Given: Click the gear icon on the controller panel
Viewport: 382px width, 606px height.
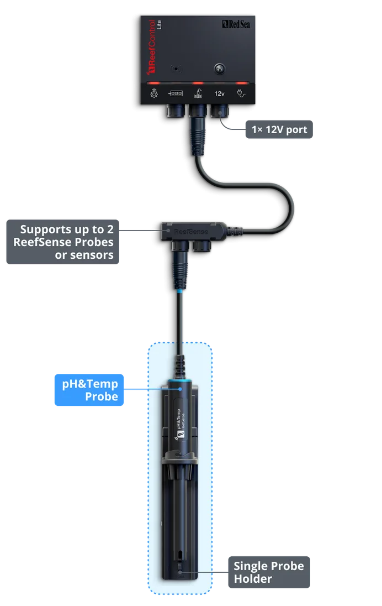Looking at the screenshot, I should tap(154, 93).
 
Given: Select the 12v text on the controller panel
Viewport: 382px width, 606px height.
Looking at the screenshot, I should tap(219, 93).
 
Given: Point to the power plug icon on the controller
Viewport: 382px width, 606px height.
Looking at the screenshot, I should tap(241, 93).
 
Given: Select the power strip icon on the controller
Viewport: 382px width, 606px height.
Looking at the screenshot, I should tap(176, 93).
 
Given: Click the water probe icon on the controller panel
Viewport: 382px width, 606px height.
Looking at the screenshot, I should tap(197, 93).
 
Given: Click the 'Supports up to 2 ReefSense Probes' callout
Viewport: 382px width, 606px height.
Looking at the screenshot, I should tap(64, 242).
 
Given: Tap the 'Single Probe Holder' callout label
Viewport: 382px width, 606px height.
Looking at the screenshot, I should tap(268, 572).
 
